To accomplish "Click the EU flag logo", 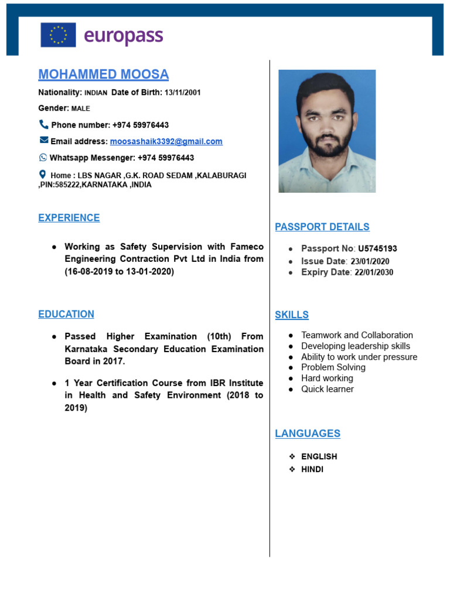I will point(58,35).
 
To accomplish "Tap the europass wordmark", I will point(123,35).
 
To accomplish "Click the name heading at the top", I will point(103,74).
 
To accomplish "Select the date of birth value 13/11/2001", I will point(183,93).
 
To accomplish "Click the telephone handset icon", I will point(43,124).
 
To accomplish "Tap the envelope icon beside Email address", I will point(44,141).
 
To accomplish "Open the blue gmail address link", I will point(166,141).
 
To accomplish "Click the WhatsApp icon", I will point(43,158).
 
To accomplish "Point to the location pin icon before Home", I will point(42,175).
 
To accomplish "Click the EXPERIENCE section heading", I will point(69,218).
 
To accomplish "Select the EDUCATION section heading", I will point(66,314).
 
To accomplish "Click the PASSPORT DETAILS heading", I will point(322,227).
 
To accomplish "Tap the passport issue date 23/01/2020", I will point(370,261).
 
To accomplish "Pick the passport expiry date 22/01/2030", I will point(374,272).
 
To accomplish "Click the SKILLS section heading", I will point(291,315).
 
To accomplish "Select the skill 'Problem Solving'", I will point(333,367).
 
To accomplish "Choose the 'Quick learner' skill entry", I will point(327,389).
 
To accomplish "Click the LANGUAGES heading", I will point(307,434).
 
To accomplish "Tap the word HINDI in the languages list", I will point(312,469).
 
